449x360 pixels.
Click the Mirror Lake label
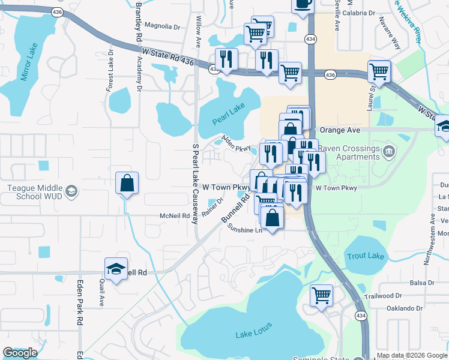coord(29,62)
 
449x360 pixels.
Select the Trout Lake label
coord(365,256)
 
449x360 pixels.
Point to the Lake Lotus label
coord(254,330)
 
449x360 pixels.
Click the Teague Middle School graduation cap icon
coord(71,192)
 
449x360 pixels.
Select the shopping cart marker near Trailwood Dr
coord(322,295)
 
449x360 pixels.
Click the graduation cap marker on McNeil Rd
coord(116,268)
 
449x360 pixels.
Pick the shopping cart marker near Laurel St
coord(379,71)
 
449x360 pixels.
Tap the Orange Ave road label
coord(340,130)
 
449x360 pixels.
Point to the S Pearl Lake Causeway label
coord(195,184)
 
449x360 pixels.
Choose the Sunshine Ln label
coord(243,230)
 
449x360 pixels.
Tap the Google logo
coord(19,353)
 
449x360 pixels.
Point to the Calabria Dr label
coord(359,12)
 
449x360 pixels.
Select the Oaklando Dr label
coord(405,308)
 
